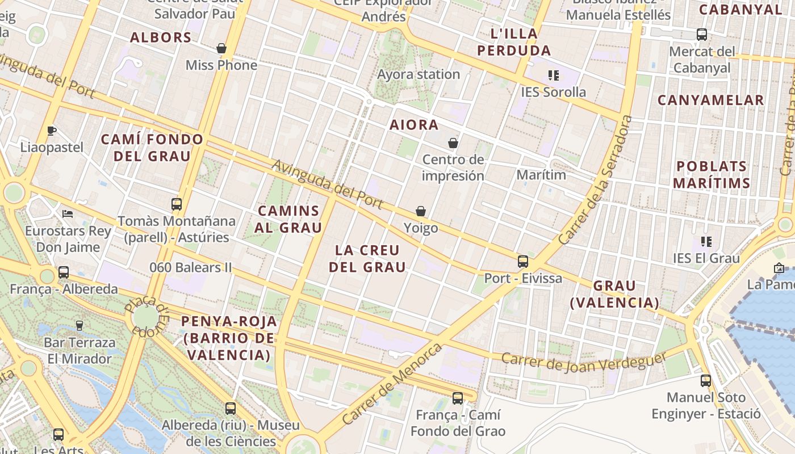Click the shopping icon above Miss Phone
coord(221,49)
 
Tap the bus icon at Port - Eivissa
coord(523,262)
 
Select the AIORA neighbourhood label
coord(414,125)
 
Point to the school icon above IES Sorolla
coord(554,75)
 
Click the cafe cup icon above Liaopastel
coord(52,131)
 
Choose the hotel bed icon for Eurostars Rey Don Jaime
coord(68,214)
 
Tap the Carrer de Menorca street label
coord(392,384)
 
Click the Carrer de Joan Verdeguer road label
coord(584,361)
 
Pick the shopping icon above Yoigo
coord(421,211)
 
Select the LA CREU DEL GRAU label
coord(368,258)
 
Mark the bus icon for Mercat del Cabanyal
coord(702,35)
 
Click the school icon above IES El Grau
coord(706,242)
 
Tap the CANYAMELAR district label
coord(710,100)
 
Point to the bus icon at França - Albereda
coord(64,272)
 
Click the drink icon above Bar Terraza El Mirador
coord(79,326)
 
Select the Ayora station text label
coord(419,74)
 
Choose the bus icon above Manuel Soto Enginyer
coord(706,381)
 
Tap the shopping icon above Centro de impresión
coord(453,143)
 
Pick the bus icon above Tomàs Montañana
coord(177,204)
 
